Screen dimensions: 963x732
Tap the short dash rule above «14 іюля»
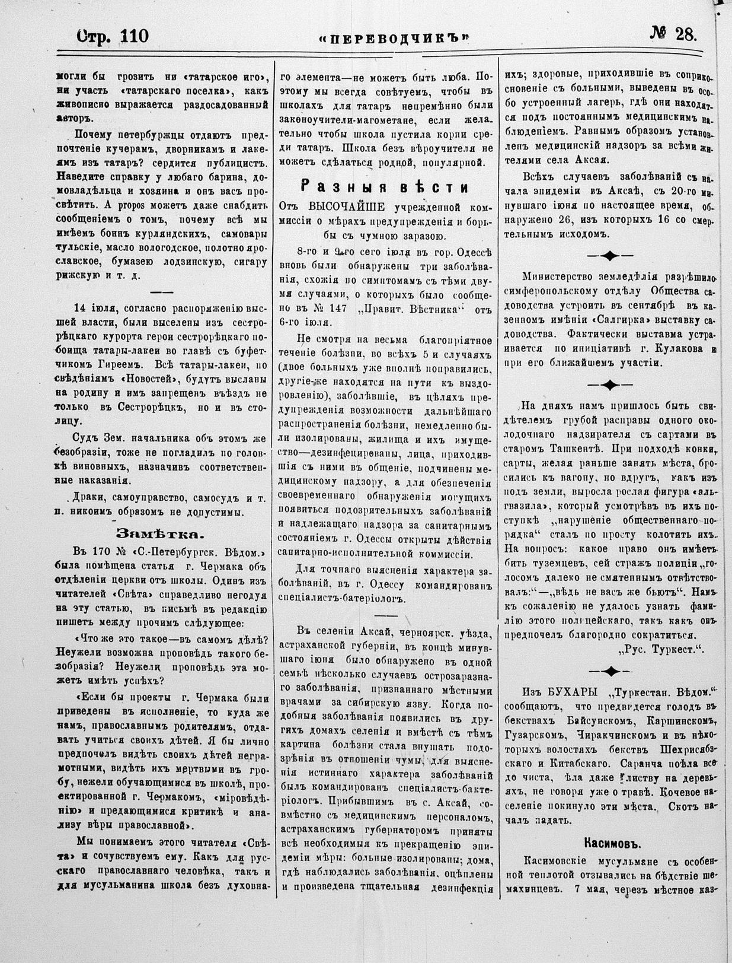click(x=161, y=292)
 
